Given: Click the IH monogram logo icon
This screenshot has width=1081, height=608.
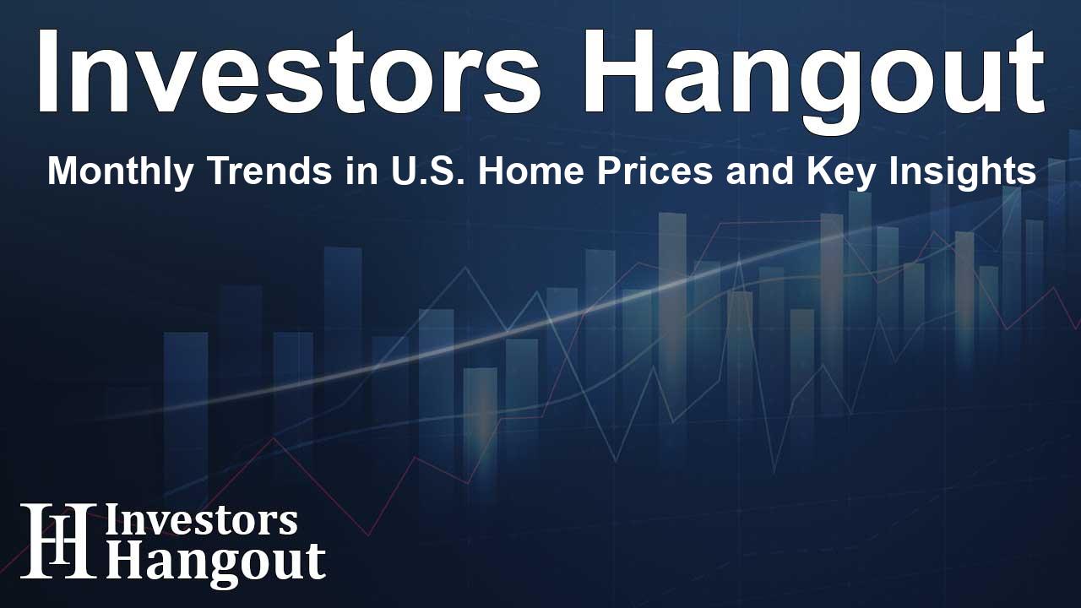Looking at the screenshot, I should coord(57,542).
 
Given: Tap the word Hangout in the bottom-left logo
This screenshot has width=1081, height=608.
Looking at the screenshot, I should coord(215,561).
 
